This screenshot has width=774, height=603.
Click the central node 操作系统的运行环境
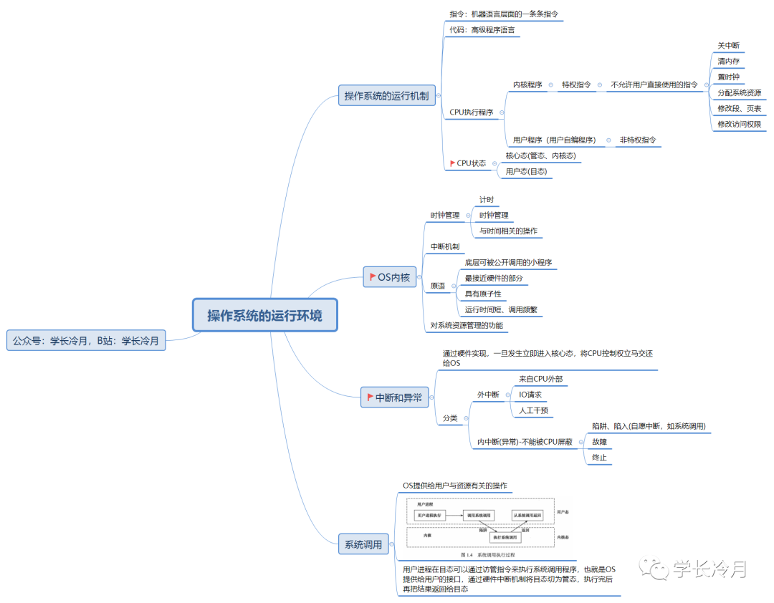tap(264, 315)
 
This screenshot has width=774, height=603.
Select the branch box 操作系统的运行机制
tap(387, 96)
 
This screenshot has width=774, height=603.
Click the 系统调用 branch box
tap(363, 544)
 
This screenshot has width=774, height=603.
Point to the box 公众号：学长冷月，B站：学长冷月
tap(86, 341)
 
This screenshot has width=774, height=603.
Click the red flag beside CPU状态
tap(452, 163)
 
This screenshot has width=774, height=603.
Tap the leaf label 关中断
tap(728, 46)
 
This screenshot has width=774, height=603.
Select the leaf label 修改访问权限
tap(739, 125)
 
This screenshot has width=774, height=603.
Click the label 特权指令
tap(576, 85)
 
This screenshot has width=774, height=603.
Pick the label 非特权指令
tap(638, 140)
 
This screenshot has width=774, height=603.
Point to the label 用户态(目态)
tap(526, 172)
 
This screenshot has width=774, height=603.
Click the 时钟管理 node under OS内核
tap(445, 215)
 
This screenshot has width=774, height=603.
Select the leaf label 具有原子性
tap(483, 294)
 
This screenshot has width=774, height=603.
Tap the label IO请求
tap(530, 395)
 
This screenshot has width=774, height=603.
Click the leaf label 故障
tap(600, 442)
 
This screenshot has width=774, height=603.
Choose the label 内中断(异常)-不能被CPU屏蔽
tap(525, 443)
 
